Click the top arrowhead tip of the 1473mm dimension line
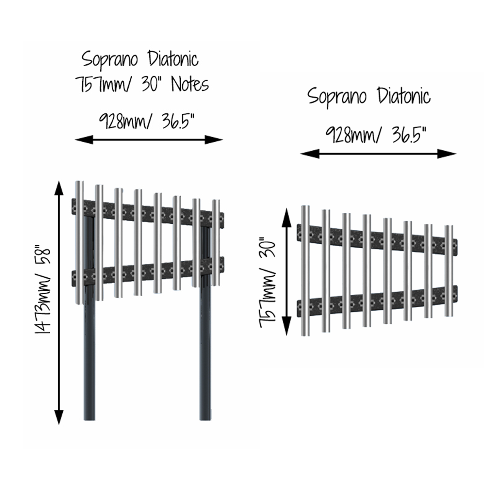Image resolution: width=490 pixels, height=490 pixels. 59,181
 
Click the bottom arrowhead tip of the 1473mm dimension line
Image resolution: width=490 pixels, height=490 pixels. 59,425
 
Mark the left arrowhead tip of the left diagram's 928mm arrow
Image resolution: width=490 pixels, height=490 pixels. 75,140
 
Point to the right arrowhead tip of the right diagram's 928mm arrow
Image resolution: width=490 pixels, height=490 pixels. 456,154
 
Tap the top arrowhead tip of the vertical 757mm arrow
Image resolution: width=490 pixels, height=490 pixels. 286,208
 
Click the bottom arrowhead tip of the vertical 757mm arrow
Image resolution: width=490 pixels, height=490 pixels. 286,335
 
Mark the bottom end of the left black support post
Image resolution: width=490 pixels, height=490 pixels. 89,420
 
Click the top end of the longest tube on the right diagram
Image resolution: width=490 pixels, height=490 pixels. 305,206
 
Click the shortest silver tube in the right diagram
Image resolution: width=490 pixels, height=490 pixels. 449,271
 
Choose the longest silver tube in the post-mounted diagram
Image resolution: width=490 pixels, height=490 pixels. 79,243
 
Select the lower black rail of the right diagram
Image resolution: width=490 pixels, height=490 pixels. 377,301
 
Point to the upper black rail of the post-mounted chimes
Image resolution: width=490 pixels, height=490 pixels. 148,209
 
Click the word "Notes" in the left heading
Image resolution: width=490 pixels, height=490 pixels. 190,84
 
